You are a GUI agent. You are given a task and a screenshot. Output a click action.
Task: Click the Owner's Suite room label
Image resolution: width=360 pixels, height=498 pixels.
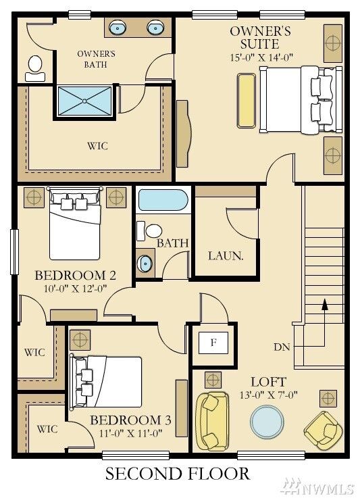(x=260, y=37)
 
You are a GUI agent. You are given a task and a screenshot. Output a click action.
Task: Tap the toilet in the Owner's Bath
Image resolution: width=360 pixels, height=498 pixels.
(x=35, y=68)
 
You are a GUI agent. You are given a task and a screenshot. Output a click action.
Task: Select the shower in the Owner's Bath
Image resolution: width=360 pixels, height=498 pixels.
(x=84, y=101)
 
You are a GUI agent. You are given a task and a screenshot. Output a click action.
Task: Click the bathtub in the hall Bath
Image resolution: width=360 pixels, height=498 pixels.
(x=163, y=200)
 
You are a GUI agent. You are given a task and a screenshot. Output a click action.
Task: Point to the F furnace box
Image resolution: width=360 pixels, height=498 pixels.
(x=213, y=343)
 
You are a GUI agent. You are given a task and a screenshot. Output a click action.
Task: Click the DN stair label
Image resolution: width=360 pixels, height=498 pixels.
(x=282, y=347)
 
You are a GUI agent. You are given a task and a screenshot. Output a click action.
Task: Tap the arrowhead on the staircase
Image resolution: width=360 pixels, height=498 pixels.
(x=324, y=304)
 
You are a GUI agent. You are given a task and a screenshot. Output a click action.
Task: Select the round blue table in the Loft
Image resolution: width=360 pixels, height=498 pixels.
(x=267, y=422)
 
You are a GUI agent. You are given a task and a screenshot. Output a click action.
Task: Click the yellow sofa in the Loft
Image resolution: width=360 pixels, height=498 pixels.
(x=212, y=421)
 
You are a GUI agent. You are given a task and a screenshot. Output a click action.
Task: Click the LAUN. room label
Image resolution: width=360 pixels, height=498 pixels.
(x=226, y=256)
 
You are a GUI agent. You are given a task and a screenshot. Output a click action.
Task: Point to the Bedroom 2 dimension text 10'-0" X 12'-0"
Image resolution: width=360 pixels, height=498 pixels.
(x=75, y=289)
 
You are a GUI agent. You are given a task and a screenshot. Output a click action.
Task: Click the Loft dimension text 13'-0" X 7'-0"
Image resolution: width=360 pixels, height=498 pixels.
(x=269, y=395)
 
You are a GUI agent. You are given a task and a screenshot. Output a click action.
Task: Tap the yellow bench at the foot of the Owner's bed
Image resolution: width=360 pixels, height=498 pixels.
(x=247, y=101)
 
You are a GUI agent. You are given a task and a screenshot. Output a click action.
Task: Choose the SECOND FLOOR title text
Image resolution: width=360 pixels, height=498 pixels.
(x=178, y=474)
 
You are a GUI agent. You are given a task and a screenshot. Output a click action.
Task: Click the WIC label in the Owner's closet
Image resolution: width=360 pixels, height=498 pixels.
(x=97, y=146)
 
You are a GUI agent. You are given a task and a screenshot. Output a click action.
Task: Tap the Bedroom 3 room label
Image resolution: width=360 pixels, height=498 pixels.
(x=130, y=420)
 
